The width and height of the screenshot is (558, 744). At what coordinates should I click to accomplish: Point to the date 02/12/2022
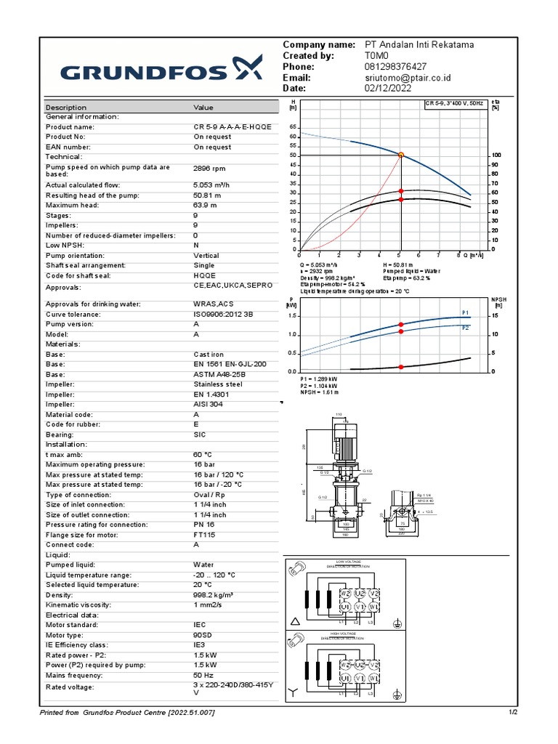click(x=389, y=89)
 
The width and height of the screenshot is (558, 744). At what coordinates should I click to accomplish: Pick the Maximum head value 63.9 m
click(x=206, y=206)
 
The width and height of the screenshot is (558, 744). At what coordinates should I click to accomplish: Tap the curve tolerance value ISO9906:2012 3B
click(x=223, y=315)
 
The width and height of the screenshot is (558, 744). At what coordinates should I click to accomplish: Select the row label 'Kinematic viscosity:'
click(x=78, y=604)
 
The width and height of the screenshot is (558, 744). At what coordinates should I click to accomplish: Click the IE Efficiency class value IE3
click(x=199, y=644)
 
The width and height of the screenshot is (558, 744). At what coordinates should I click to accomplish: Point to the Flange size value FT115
click(x=204, y=534)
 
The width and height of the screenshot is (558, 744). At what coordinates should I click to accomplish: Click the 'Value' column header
click(x=203, y=108)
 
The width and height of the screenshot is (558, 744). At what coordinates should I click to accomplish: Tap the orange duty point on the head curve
click(x=400, y=155)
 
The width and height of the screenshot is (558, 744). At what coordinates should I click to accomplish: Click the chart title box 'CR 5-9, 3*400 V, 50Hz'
click(x=454, y=105)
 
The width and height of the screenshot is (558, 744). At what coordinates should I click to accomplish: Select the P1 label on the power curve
click(x=466, y=312)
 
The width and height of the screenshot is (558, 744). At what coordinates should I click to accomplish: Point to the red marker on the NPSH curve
click(x=400, y=367)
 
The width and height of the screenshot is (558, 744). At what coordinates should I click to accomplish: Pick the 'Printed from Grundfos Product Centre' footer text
click(x=127, y=712)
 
